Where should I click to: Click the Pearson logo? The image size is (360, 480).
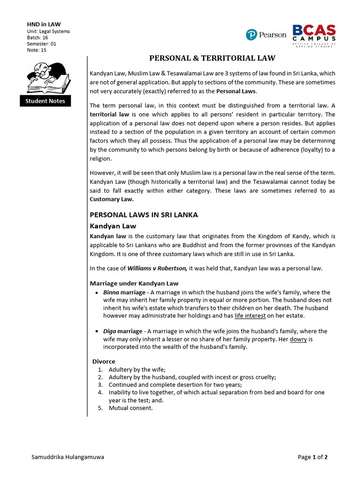(x=266, y=35)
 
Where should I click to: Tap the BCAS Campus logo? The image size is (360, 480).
(x=314, y=35)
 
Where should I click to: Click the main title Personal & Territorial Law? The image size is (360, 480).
(x=212, y=58)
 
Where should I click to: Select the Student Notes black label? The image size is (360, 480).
(x=45, y=101)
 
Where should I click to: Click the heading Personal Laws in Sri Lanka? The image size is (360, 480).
(x=143, y=215)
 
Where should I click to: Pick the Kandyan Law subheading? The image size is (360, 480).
(x=112, y=226)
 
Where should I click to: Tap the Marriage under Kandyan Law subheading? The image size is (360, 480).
(x=134, y=284)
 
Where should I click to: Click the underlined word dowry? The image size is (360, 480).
(x=298, y=339)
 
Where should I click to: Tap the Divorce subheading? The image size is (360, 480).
(x=104, y=361)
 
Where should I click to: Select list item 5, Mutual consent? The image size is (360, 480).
(x=131, y=408)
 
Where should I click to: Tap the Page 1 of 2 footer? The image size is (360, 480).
(x=313, y=457)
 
